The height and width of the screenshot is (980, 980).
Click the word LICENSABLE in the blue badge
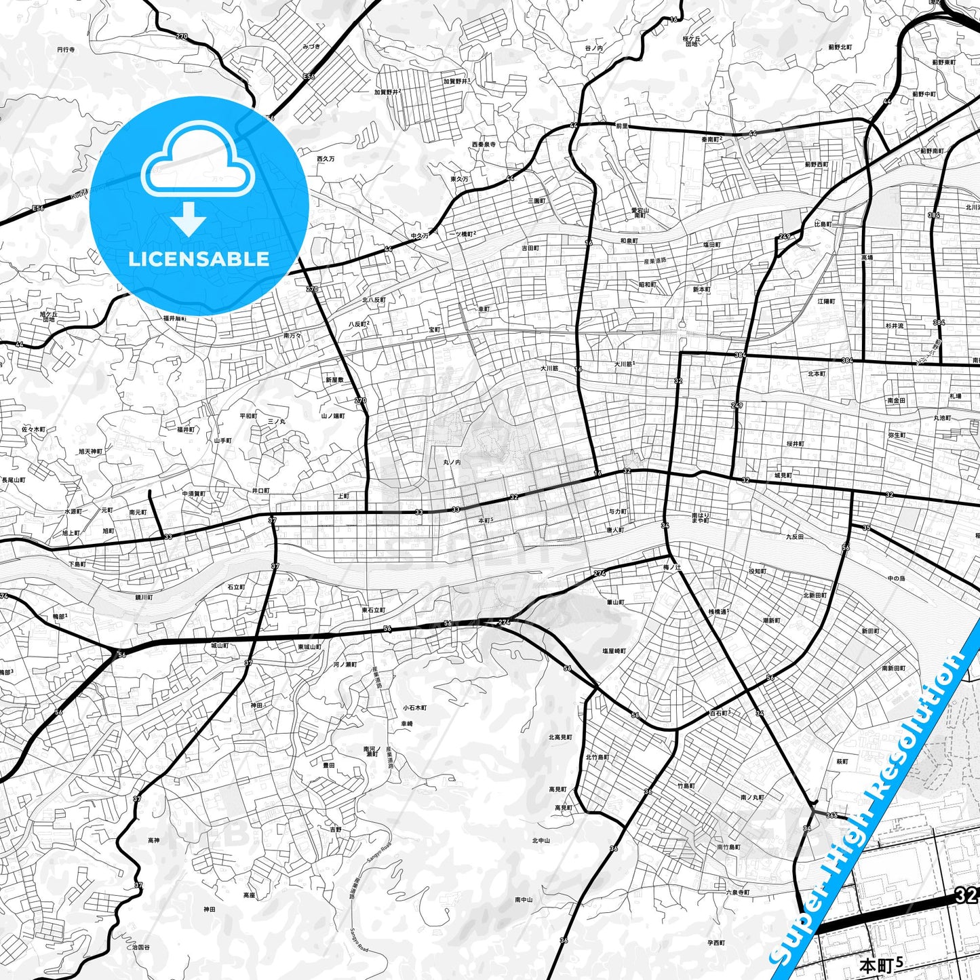[x=199, y=258]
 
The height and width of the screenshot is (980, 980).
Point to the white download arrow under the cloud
[x=189, y=219]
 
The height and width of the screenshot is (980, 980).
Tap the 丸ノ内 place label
[x=452, y=462]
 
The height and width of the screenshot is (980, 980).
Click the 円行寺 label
[x=66, y=50]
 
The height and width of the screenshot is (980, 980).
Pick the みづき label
[x=311, y=46]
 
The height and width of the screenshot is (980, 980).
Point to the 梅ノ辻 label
[x=671, y=567]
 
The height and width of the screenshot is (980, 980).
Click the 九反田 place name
[x=794, y=536]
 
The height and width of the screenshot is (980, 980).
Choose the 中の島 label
[x=896, y=578]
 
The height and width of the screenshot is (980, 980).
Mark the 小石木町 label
[x=414, y=707]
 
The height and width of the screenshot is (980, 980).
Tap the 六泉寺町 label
[x=737, y=893]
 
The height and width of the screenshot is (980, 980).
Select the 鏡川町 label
[x=144, y=597]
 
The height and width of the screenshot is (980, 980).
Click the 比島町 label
[x=823, y=224]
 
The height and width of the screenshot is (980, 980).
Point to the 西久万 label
[x=326, y=158]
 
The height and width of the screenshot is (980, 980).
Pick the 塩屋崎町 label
[x=614, y=650]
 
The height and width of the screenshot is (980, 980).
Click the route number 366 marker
[x=832, y=815]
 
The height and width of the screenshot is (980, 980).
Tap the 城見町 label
[x=783, y=475]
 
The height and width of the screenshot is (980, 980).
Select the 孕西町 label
[x=716, y=943]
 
